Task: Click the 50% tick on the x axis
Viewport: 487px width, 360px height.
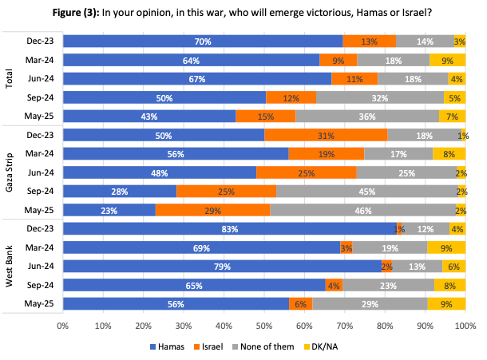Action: [264, 326]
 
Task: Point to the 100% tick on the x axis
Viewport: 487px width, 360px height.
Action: [465, 326]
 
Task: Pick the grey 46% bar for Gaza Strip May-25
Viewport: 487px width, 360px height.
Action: [362, 210]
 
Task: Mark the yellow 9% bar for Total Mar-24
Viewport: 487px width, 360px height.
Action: [447, 60]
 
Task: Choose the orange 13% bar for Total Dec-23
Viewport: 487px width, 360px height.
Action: [370, 41]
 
